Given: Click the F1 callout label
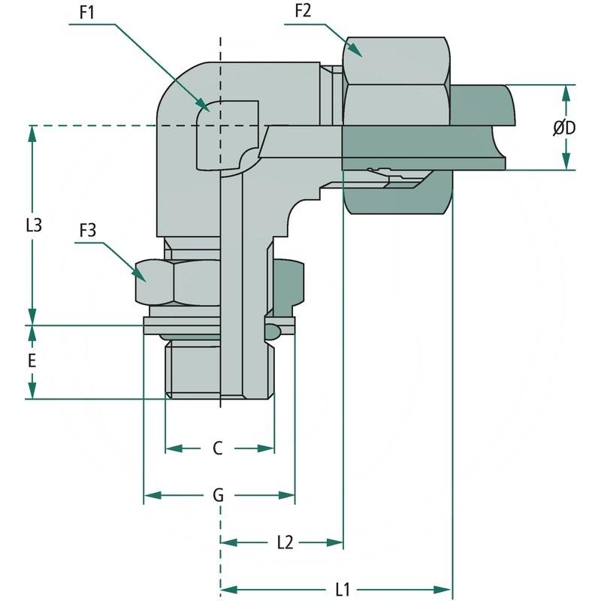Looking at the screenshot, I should tap(85, 14).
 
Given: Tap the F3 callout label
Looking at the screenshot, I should tap(88, 231).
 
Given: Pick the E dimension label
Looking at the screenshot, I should tap(32, 361).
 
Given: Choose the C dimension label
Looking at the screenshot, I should tap(218, 448).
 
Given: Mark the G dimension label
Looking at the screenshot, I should tap(218, 496).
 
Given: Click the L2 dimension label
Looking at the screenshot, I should tap(284, 542).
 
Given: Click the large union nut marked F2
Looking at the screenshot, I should tap(396, 68).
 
